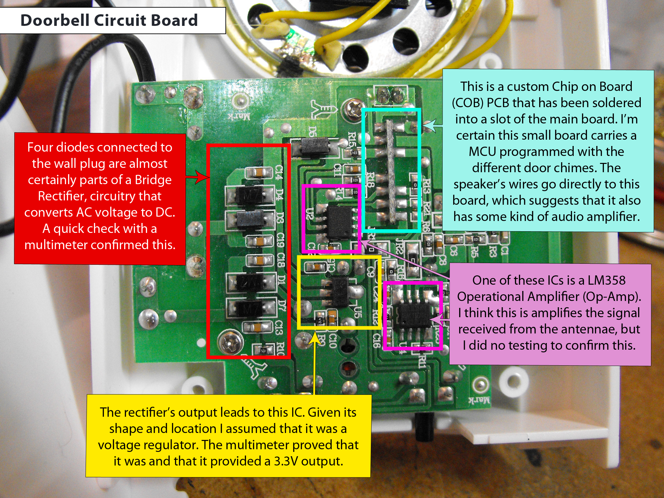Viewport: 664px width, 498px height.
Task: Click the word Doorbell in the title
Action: [x=55, y=21]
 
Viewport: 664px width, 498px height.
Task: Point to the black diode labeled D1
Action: [x=250, y=282]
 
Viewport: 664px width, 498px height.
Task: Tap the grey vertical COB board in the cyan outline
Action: [x=392, y=171]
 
